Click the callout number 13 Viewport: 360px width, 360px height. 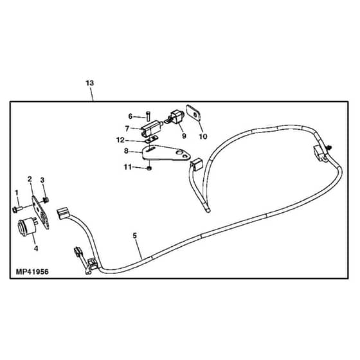[90, 83]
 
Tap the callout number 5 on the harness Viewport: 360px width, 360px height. [134, 235]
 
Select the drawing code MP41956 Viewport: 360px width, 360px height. [32, 272]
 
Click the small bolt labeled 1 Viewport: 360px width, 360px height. [17, 209]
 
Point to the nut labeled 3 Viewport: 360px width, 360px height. [46, 200]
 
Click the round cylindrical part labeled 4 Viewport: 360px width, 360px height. [26, 227]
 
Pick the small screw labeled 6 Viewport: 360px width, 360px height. [148, 116]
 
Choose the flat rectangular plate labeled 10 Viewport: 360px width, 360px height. [194, 113]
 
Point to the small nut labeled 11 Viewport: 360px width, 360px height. [149, 168]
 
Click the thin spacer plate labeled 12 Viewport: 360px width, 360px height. [151, 139]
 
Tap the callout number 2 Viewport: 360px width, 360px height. [30, 179]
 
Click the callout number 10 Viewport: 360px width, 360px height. [203, 136]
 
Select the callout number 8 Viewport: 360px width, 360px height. [126, 151]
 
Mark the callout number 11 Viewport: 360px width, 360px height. [128, 167]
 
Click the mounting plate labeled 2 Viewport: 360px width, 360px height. [40, 212]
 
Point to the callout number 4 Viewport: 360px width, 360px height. [36, 248]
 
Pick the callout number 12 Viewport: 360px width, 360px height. [120, 140]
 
